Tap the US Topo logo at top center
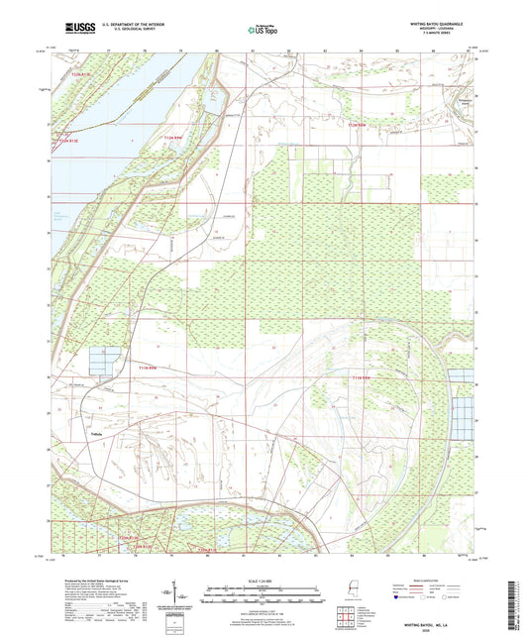[x=260, y=31]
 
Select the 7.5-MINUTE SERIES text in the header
[x=466, y=36]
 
